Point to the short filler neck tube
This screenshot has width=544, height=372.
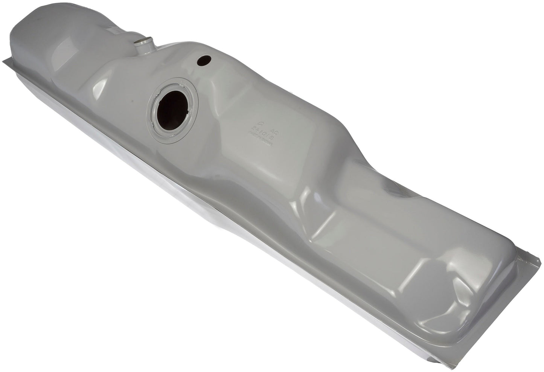(x=143, y=46)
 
